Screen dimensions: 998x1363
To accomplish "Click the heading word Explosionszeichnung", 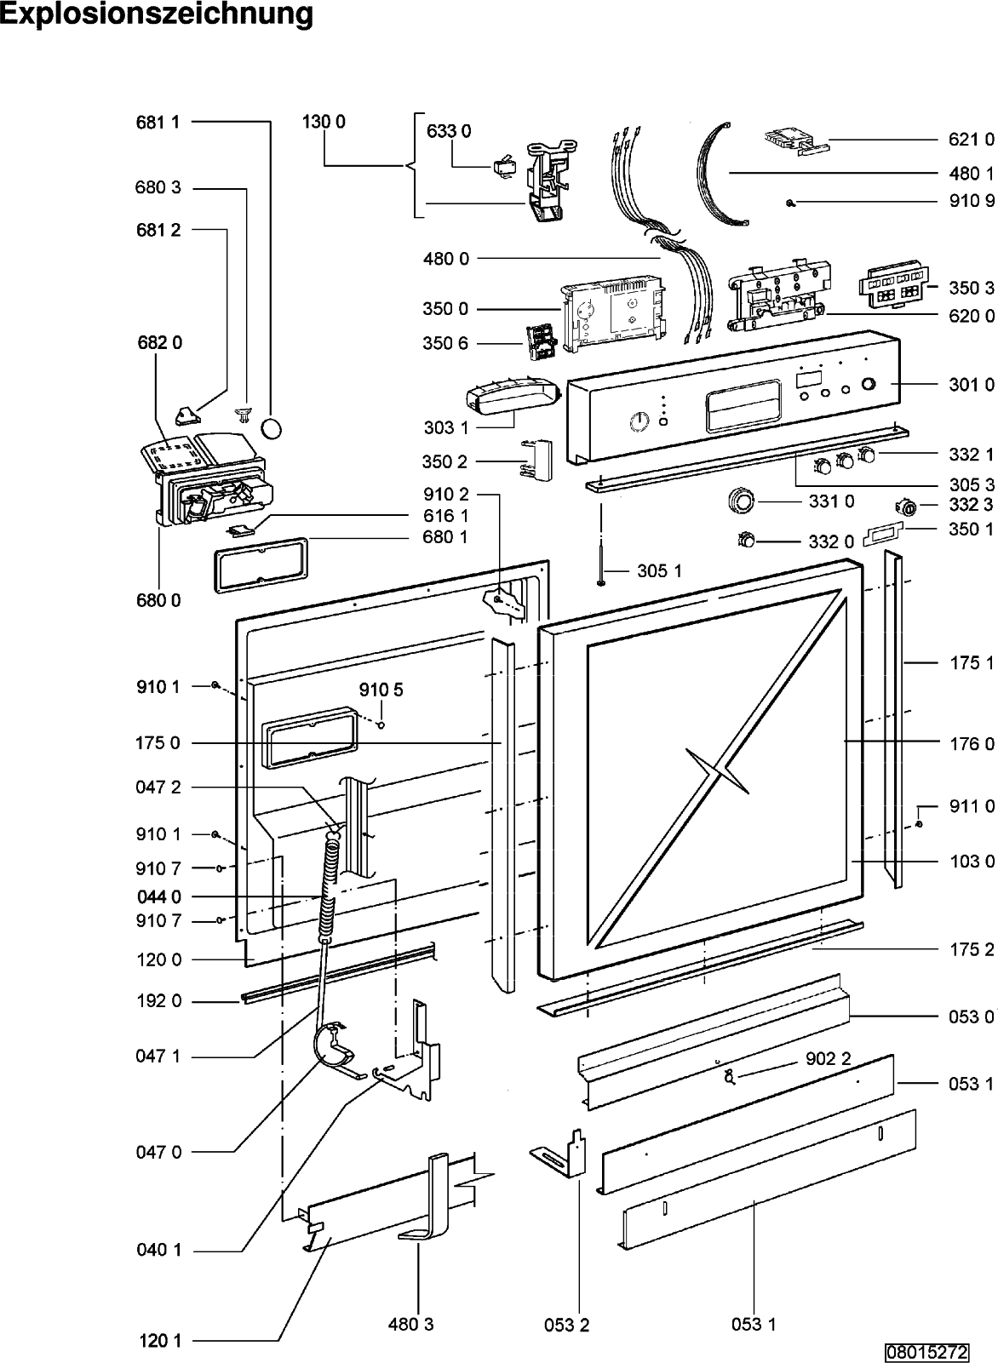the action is tap(157, 15).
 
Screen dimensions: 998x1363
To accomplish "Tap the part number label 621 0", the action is tap(972, 140).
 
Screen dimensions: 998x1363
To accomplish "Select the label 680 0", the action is tap(158, 600).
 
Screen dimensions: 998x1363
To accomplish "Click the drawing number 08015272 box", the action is tap(926, 1352).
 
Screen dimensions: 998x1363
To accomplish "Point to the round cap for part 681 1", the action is tap(272, 428).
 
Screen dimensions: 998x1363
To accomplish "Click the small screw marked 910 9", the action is tap(790, 203).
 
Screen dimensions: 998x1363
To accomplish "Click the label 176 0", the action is tap(972, 743).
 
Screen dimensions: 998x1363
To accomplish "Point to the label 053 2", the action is tap(566, 1325).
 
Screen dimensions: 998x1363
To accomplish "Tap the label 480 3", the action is tap(410, 1324).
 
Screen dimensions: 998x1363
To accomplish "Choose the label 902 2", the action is tap(829, 1059).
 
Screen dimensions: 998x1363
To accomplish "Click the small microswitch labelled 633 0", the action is tap(501, 166).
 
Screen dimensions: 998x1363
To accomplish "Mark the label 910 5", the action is tap(381, 690).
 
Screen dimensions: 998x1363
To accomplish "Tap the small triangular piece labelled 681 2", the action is tap(186, 416).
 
